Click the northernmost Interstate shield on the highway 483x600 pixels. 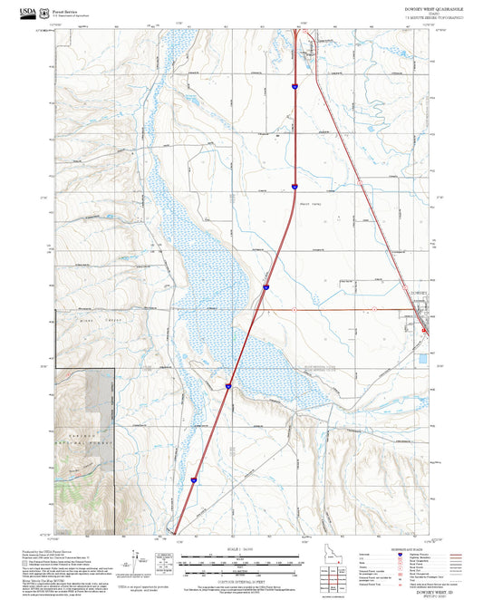coord(295,85)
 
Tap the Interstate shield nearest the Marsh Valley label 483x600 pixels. coord(295,186)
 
